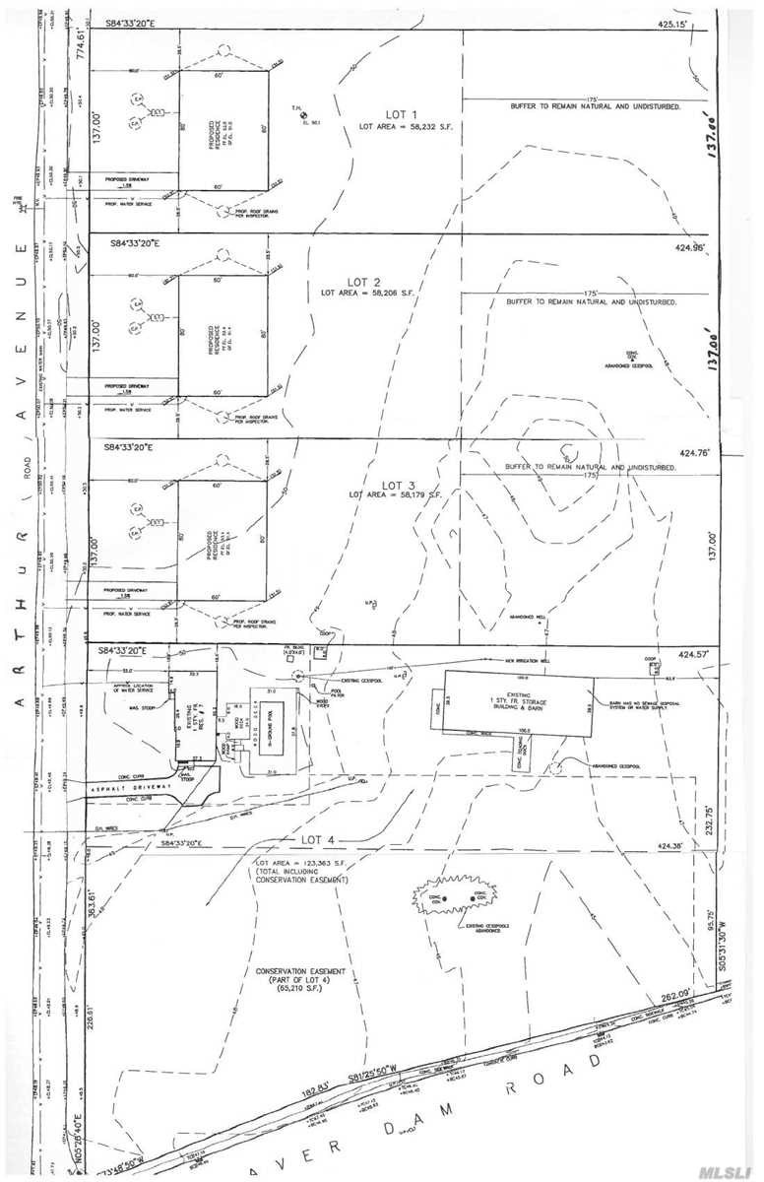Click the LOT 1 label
click(392, 115)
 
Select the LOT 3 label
click(398, 485)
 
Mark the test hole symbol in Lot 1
click(302, 116)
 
